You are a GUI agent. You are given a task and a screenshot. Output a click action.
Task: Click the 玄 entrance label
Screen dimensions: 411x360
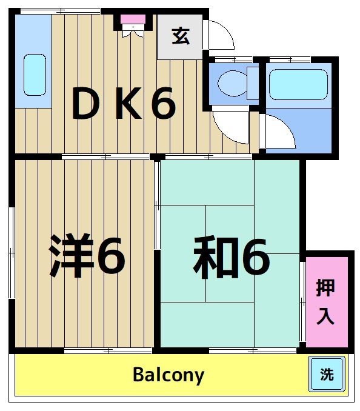tap(180, 36)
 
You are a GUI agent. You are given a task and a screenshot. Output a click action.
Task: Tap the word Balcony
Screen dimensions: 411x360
tap(168, 375)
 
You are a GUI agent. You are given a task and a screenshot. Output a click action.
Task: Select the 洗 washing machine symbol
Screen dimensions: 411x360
tap(327, 374)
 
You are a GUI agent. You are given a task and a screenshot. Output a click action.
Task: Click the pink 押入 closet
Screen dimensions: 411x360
tap(327, 301)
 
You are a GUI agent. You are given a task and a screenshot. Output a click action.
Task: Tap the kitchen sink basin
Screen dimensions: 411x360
tap(35, 74)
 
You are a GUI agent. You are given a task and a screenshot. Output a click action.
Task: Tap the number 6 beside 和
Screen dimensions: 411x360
tap(255, 258)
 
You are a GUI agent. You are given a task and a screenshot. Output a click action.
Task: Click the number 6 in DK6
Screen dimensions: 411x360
tap(162, 104)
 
